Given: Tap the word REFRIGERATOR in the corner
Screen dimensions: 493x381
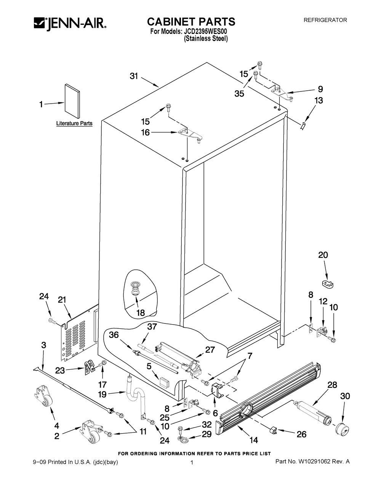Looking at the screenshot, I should pos(325,20).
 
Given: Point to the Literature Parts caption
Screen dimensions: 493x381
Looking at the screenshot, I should pos(74,123).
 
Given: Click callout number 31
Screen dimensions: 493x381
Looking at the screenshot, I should pos(133,76).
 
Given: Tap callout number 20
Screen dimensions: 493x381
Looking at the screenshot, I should pos(323,255).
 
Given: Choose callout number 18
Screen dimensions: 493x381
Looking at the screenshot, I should pos(140,313).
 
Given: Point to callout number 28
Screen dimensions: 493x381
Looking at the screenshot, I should pos(332,385).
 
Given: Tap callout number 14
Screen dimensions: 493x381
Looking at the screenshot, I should pos(253,440).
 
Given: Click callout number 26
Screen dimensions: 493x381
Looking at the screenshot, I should pos(301,434).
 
